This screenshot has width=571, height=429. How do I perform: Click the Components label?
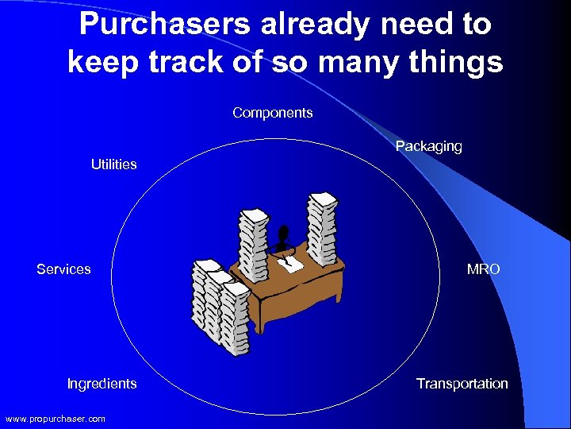(272, 113)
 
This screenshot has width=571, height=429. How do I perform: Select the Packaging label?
(428, 146)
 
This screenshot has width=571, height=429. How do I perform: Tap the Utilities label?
(113, 164)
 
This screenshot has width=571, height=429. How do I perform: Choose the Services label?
(63, 269)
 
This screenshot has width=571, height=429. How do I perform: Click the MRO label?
(483, 269)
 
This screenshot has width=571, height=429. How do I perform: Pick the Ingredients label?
(102, 384)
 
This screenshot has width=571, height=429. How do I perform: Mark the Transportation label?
(462, 384)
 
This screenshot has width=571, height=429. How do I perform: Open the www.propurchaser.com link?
(55, 419)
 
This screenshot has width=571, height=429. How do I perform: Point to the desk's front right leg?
(332, 305)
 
